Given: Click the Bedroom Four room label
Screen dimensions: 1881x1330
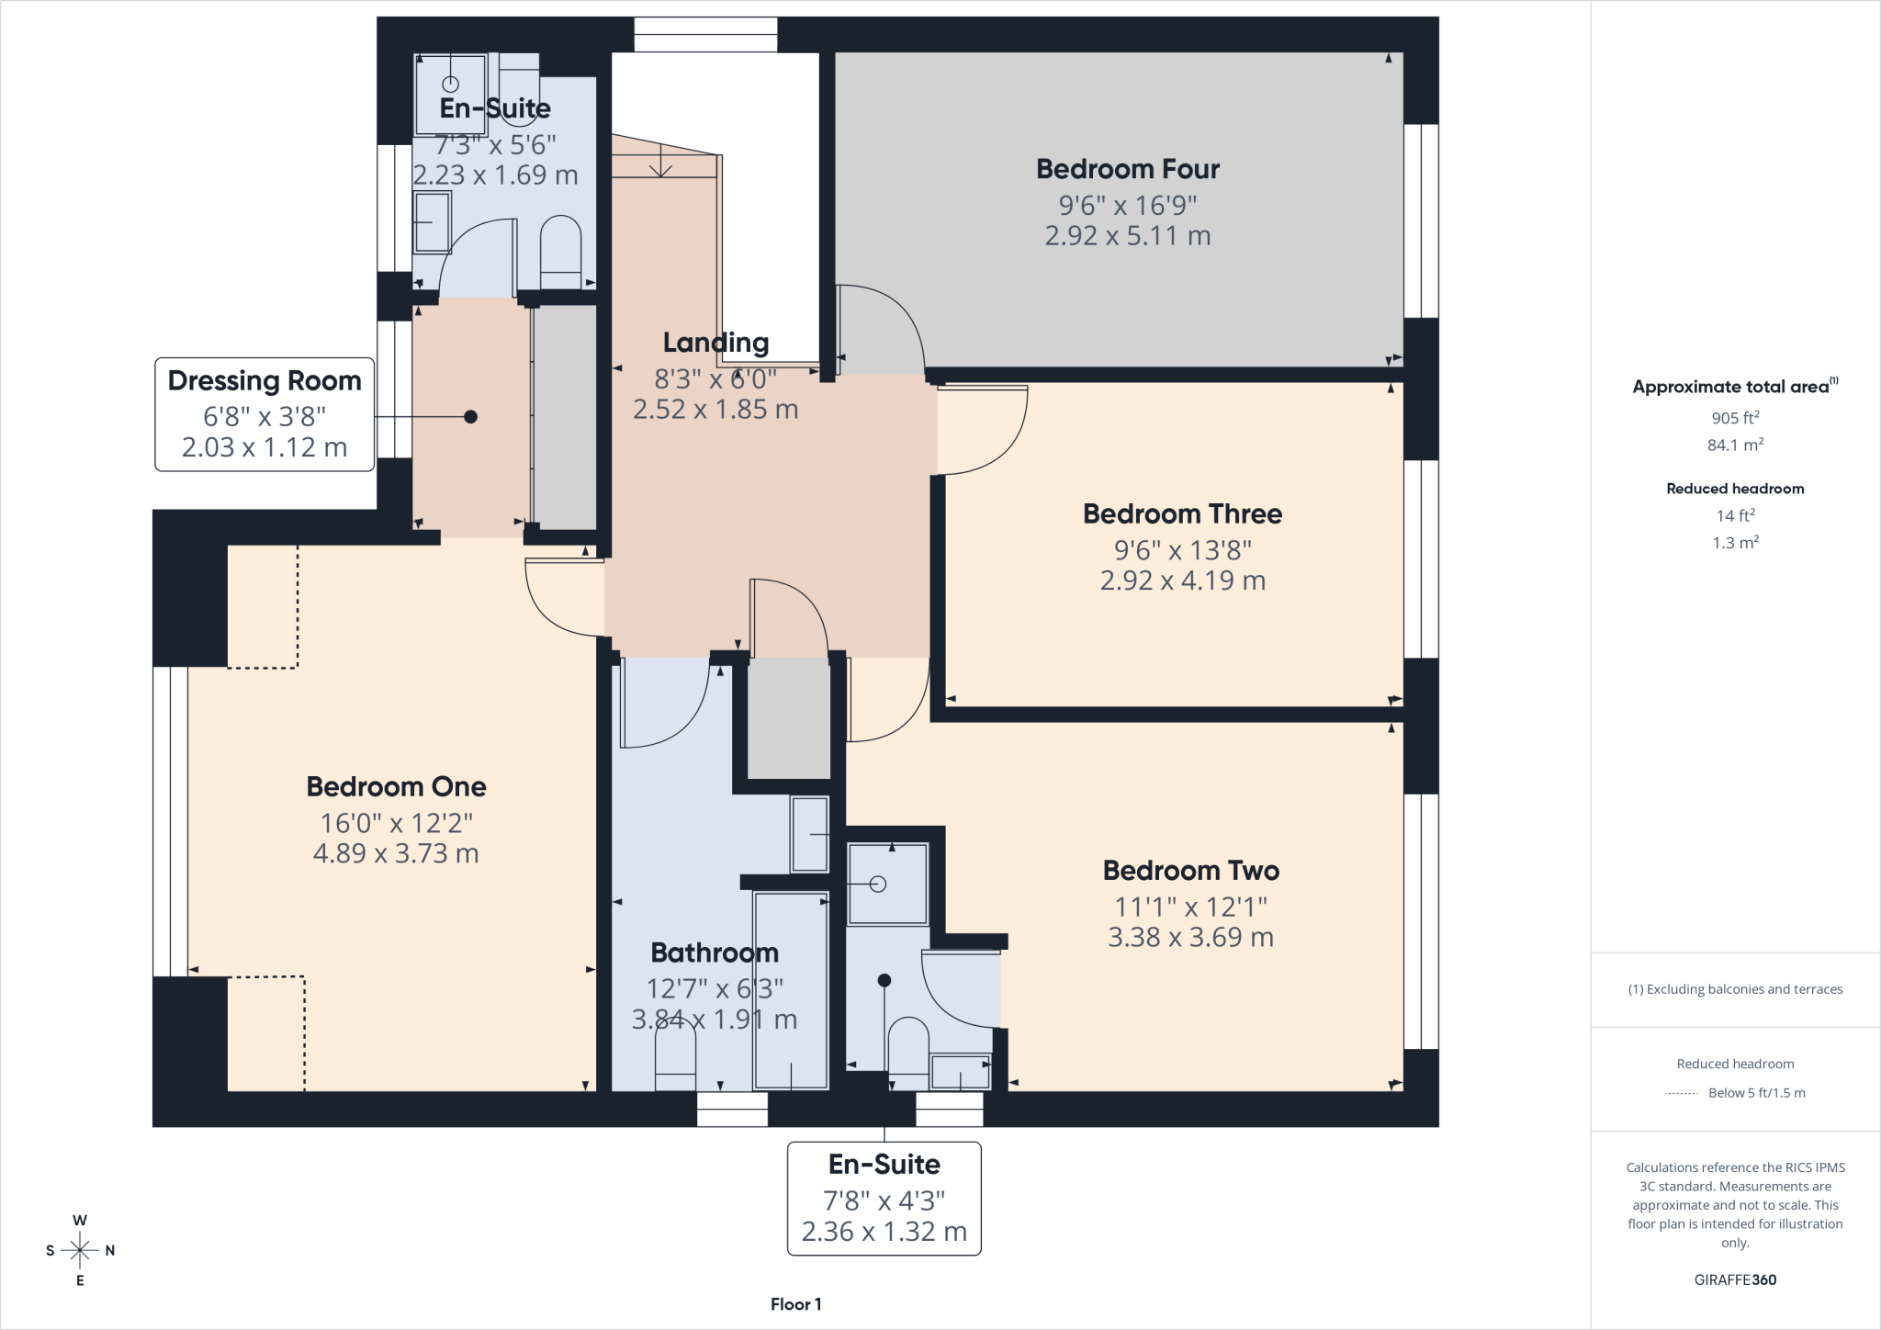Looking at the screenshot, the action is coord(1128,169).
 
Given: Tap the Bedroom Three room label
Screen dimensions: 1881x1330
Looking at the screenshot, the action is coord(1182,513).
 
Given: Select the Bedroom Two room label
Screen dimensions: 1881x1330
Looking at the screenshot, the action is coord(1191,870).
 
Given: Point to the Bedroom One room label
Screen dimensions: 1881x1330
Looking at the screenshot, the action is coord(396,786).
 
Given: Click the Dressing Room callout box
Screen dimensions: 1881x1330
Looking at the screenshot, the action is coord(265,414).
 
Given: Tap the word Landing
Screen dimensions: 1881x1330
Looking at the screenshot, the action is coord(715,343).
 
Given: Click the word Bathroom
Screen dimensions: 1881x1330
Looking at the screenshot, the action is coord(715,952).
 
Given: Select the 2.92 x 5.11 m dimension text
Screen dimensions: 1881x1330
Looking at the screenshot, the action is coord(1128,236).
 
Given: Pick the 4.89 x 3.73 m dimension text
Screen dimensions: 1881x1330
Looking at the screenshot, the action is coord(396,853).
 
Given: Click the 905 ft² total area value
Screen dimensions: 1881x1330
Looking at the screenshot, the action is coord(1735,417).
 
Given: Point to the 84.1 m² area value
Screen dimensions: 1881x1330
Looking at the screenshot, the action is coord(1735,445).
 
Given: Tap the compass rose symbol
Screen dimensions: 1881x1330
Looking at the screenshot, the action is coord(80,1250).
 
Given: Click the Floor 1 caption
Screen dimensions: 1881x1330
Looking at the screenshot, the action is coord(796,1304).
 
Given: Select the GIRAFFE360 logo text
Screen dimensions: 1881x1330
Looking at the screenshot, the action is coord(1735,1279).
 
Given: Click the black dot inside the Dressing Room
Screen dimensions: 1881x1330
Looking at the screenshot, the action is coord(470,417).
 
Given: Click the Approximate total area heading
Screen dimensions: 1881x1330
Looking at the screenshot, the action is coord(1735,387).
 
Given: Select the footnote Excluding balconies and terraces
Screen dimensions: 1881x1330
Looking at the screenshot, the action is coord(1735,989).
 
